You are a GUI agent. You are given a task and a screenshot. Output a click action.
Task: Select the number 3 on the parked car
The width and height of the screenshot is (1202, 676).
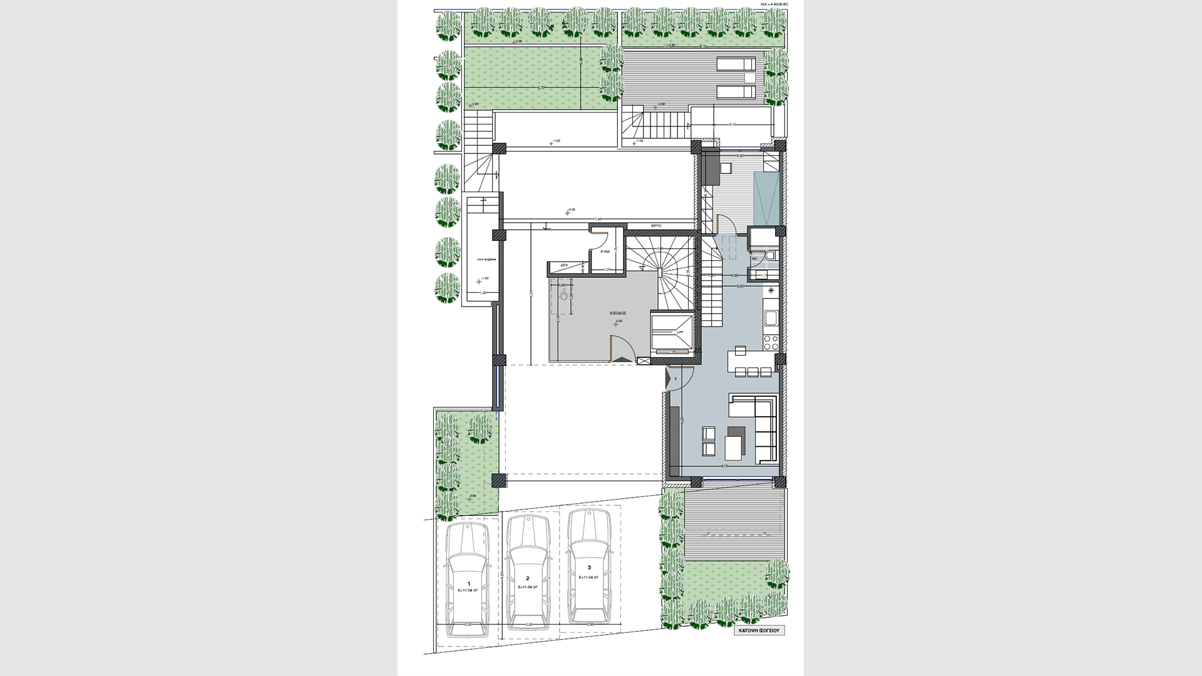588,568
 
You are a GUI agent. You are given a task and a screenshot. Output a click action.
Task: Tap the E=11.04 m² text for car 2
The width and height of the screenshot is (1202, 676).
528,587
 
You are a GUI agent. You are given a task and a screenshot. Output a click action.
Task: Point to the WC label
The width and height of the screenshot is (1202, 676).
754,258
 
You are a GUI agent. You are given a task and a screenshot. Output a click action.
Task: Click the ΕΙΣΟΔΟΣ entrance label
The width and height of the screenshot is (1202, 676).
619,311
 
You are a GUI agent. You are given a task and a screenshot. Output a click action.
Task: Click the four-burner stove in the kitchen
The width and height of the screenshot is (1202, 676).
771,342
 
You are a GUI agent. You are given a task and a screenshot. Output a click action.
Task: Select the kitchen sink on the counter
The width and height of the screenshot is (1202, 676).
771,317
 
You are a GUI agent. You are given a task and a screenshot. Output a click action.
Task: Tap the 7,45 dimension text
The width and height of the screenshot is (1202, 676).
598,219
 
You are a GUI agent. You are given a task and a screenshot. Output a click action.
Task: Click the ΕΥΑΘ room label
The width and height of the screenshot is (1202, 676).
605,250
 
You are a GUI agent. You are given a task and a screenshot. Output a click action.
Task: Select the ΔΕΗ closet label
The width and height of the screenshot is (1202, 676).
563,265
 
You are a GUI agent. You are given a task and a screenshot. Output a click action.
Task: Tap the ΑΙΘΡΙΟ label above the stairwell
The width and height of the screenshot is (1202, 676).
656,224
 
